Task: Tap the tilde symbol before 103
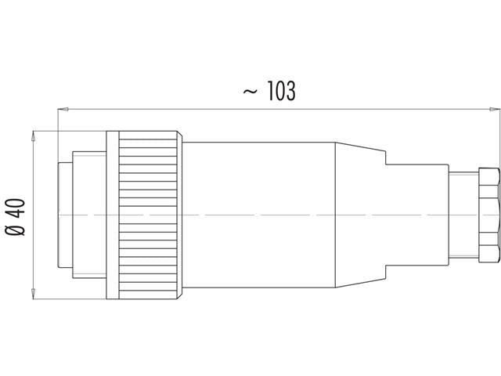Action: pyautogui.click(x=250, y=92)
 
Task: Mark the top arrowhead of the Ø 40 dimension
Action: pyautogui.click(x=32, y=135)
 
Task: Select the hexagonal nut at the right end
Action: pyautogui.click(x=487, y=214)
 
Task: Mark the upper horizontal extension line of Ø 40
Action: pyautogui.click(x=70, y=130)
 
